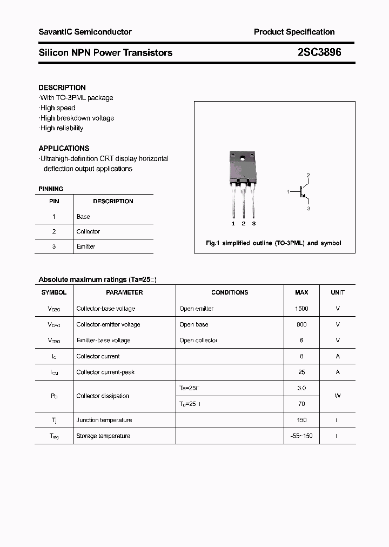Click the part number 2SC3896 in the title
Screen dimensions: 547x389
pos(319,52)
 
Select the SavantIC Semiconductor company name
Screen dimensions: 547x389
pos(85,32)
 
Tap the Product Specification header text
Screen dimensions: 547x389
pos(294,32)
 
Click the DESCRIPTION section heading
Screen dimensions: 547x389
pos(62,88)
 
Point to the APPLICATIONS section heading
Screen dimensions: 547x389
pos(64,148)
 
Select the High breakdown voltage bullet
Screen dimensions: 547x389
pos(77,118)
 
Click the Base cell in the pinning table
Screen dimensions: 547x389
pos(83,217)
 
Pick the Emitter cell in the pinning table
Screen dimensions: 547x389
pos(86,246)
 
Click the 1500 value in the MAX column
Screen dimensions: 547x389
pos(301,309)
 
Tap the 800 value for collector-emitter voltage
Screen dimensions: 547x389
pos(301,324)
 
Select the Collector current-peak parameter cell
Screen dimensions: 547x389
pos(105,372)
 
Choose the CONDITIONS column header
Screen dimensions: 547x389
pos(230,292)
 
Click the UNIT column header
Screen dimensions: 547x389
pos(338,292)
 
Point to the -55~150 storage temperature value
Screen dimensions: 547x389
pos(301,436)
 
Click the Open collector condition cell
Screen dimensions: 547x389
pos(198,341)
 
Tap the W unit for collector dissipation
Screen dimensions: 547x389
pos(338,396)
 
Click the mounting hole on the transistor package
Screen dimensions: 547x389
pos(243,159)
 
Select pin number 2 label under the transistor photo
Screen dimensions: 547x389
pos(244,223)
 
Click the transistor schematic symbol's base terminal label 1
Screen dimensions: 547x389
pos(288,191)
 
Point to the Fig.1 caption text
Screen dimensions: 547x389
pos(273,243)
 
